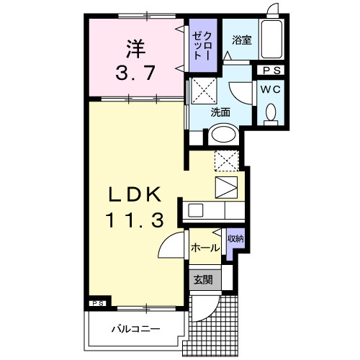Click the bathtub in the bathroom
[x=272, y=40]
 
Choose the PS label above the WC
[x=272, y=71]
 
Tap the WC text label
[x=271, y=89]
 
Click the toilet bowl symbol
[x=271, y=113]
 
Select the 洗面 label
[x=220, y=112]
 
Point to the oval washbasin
[x=222, y=135]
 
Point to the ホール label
[x=204, y=248]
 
